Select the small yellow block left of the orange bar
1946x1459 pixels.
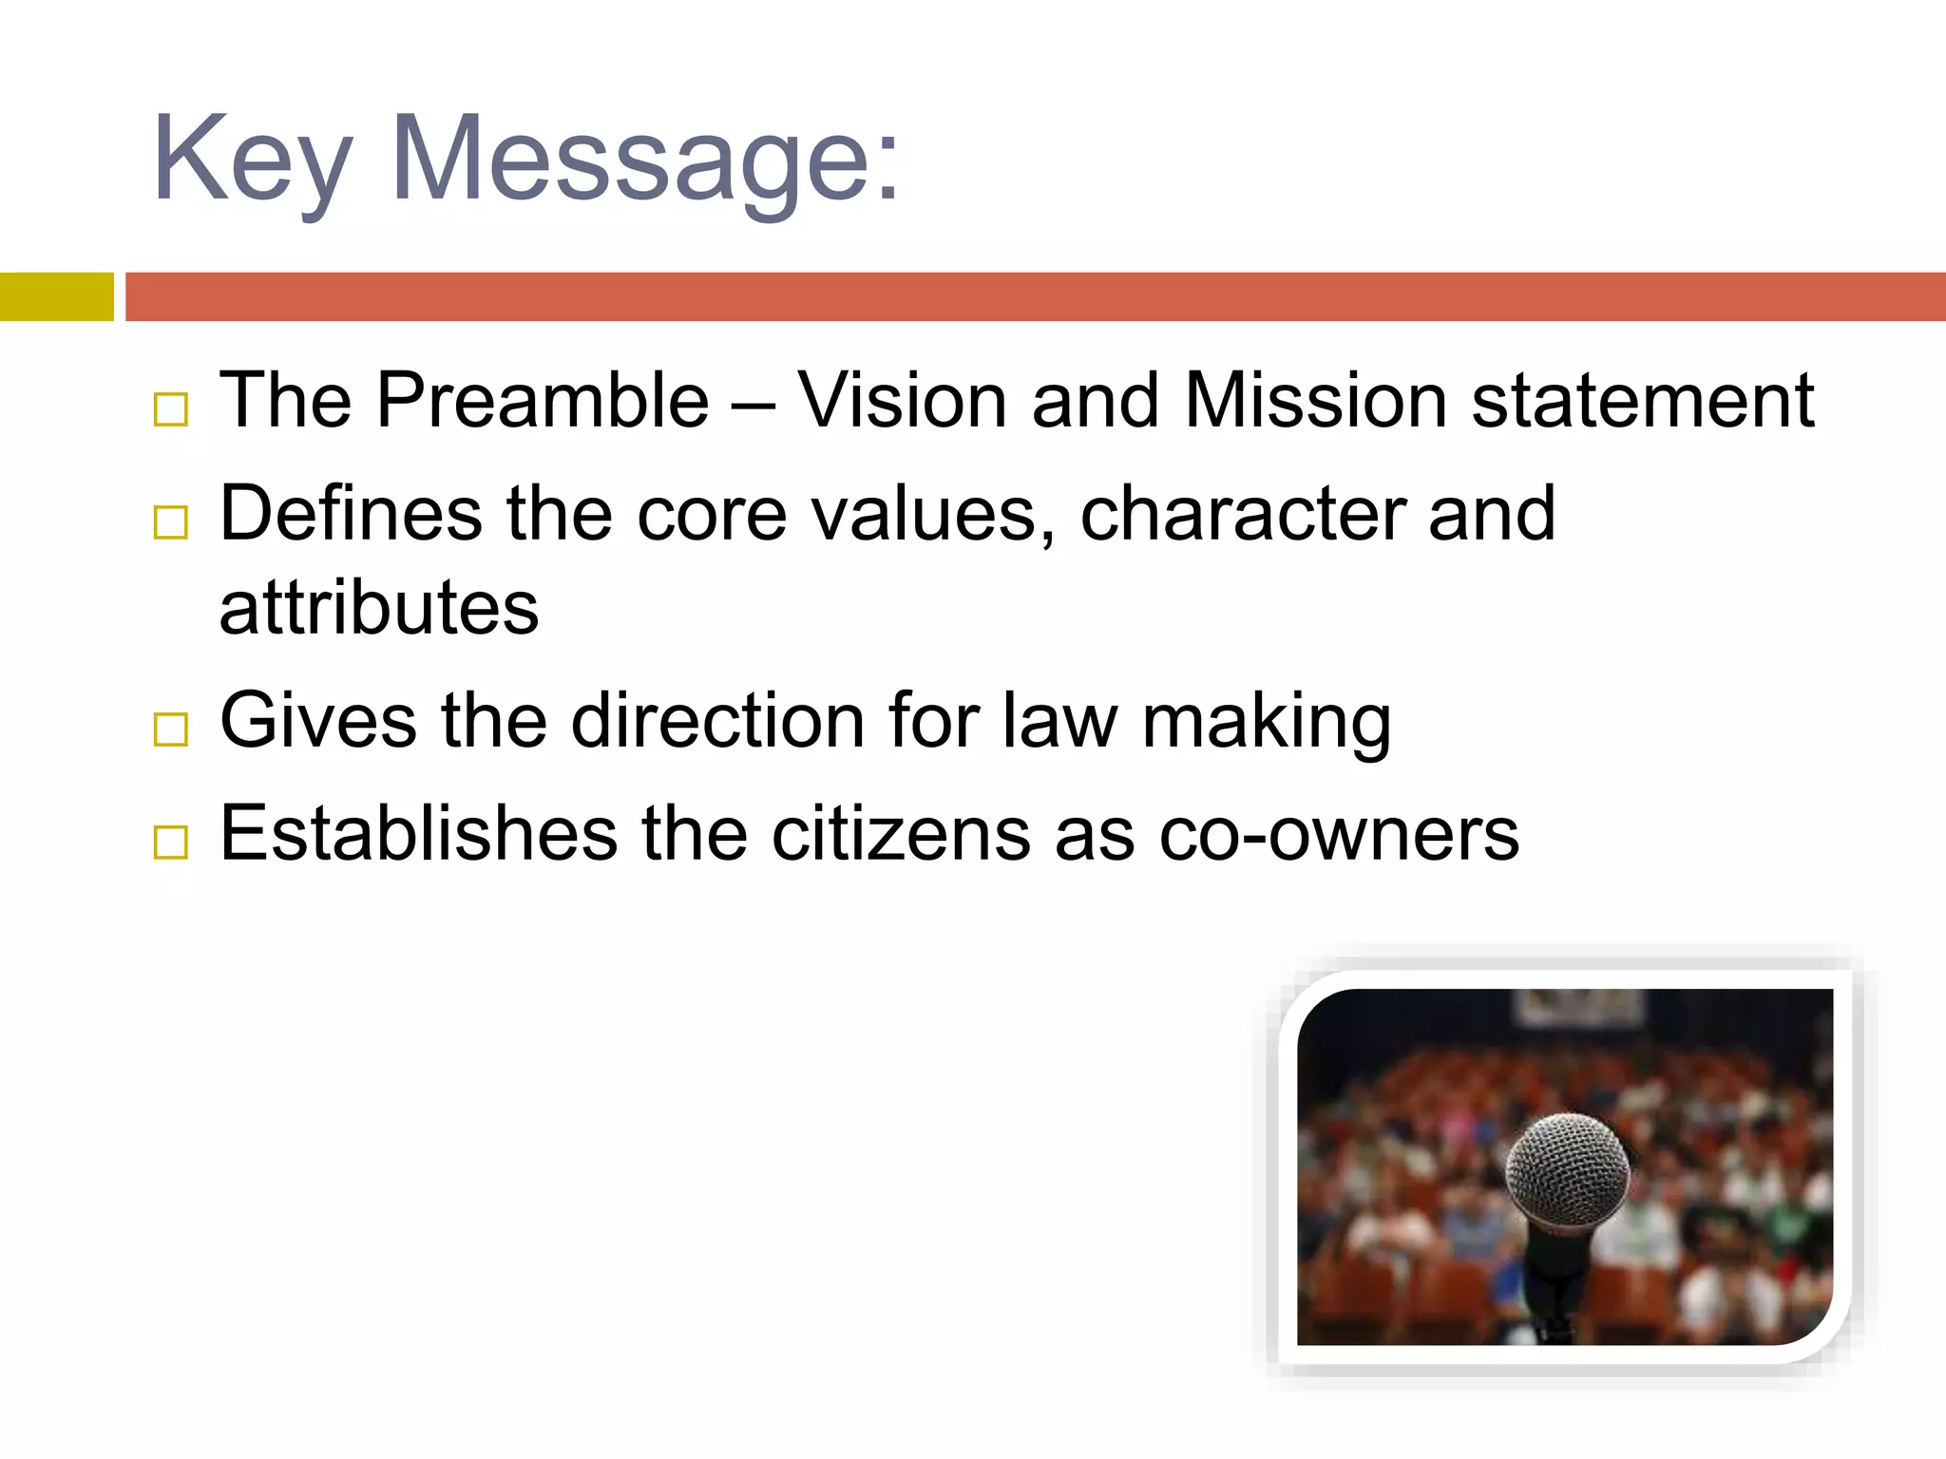56,296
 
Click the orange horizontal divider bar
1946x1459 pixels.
1035,296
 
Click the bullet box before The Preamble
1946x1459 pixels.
171,409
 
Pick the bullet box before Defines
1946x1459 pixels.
171,522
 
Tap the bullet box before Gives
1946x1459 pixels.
171,729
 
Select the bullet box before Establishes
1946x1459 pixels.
171,843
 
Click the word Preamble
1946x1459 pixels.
543,400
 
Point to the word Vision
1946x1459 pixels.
902,400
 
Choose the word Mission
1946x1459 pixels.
1316,400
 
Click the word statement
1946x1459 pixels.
1643,400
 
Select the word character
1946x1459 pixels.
1242,514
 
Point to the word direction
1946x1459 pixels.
717,721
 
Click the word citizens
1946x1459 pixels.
901,834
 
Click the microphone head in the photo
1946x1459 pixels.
1566,1170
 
